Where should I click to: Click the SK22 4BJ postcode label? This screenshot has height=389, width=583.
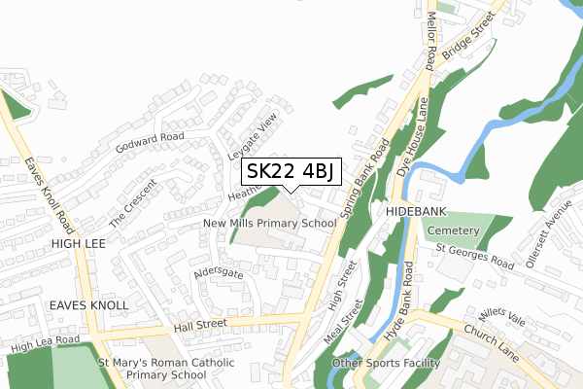290,172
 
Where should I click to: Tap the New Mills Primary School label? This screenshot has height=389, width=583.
270,223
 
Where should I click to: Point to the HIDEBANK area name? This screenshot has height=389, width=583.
415,210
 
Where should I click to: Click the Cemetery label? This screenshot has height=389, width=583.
453,230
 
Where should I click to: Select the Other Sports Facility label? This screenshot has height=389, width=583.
387,364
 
